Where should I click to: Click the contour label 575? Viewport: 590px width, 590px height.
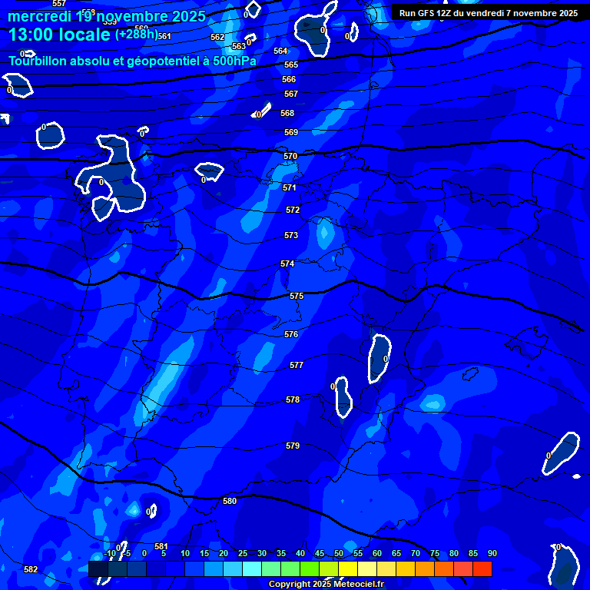pyautogui.click(x=297, y=296)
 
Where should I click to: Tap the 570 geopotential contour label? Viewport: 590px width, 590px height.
pyautogui.click(x=290, y=156)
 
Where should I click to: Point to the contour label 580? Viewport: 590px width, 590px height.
pyautogui.click(x=230, y=501)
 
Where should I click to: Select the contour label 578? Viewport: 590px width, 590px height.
pyautogui.click(x=293, y=399)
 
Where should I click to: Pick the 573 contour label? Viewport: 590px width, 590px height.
pyautogui.click(x=291, y=235)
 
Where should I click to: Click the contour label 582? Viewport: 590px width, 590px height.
pyautogui.click(x=31, y=569)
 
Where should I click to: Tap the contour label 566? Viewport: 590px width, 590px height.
pyautogui.click(x=289, y=79)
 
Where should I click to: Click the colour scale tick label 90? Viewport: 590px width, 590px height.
pyautogui.click(x=492, y=553)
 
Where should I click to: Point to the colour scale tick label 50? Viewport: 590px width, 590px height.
pyautogui.click(x=339, y=553)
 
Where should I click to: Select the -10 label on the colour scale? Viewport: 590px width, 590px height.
pyautogui.click(x=110, y=553)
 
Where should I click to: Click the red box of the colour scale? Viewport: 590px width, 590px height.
pyautogui.click(x=482, y=568)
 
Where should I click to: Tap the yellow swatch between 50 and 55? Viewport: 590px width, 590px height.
pyautogui.click(x=348, y=568)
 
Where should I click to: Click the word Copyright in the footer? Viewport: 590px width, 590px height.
pyautogui.click(x=289, y=585)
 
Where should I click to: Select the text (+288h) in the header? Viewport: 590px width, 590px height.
pyautogui.click(x=136, y=35)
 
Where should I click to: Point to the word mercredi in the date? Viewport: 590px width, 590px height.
pyautogui.click(x=38, y=16)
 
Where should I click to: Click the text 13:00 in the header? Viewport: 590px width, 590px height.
pyautogui.click(x=30, y=35)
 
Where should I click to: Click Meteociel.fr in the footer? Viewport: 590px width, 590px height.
pyautogui.click(x=362, y=585)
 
